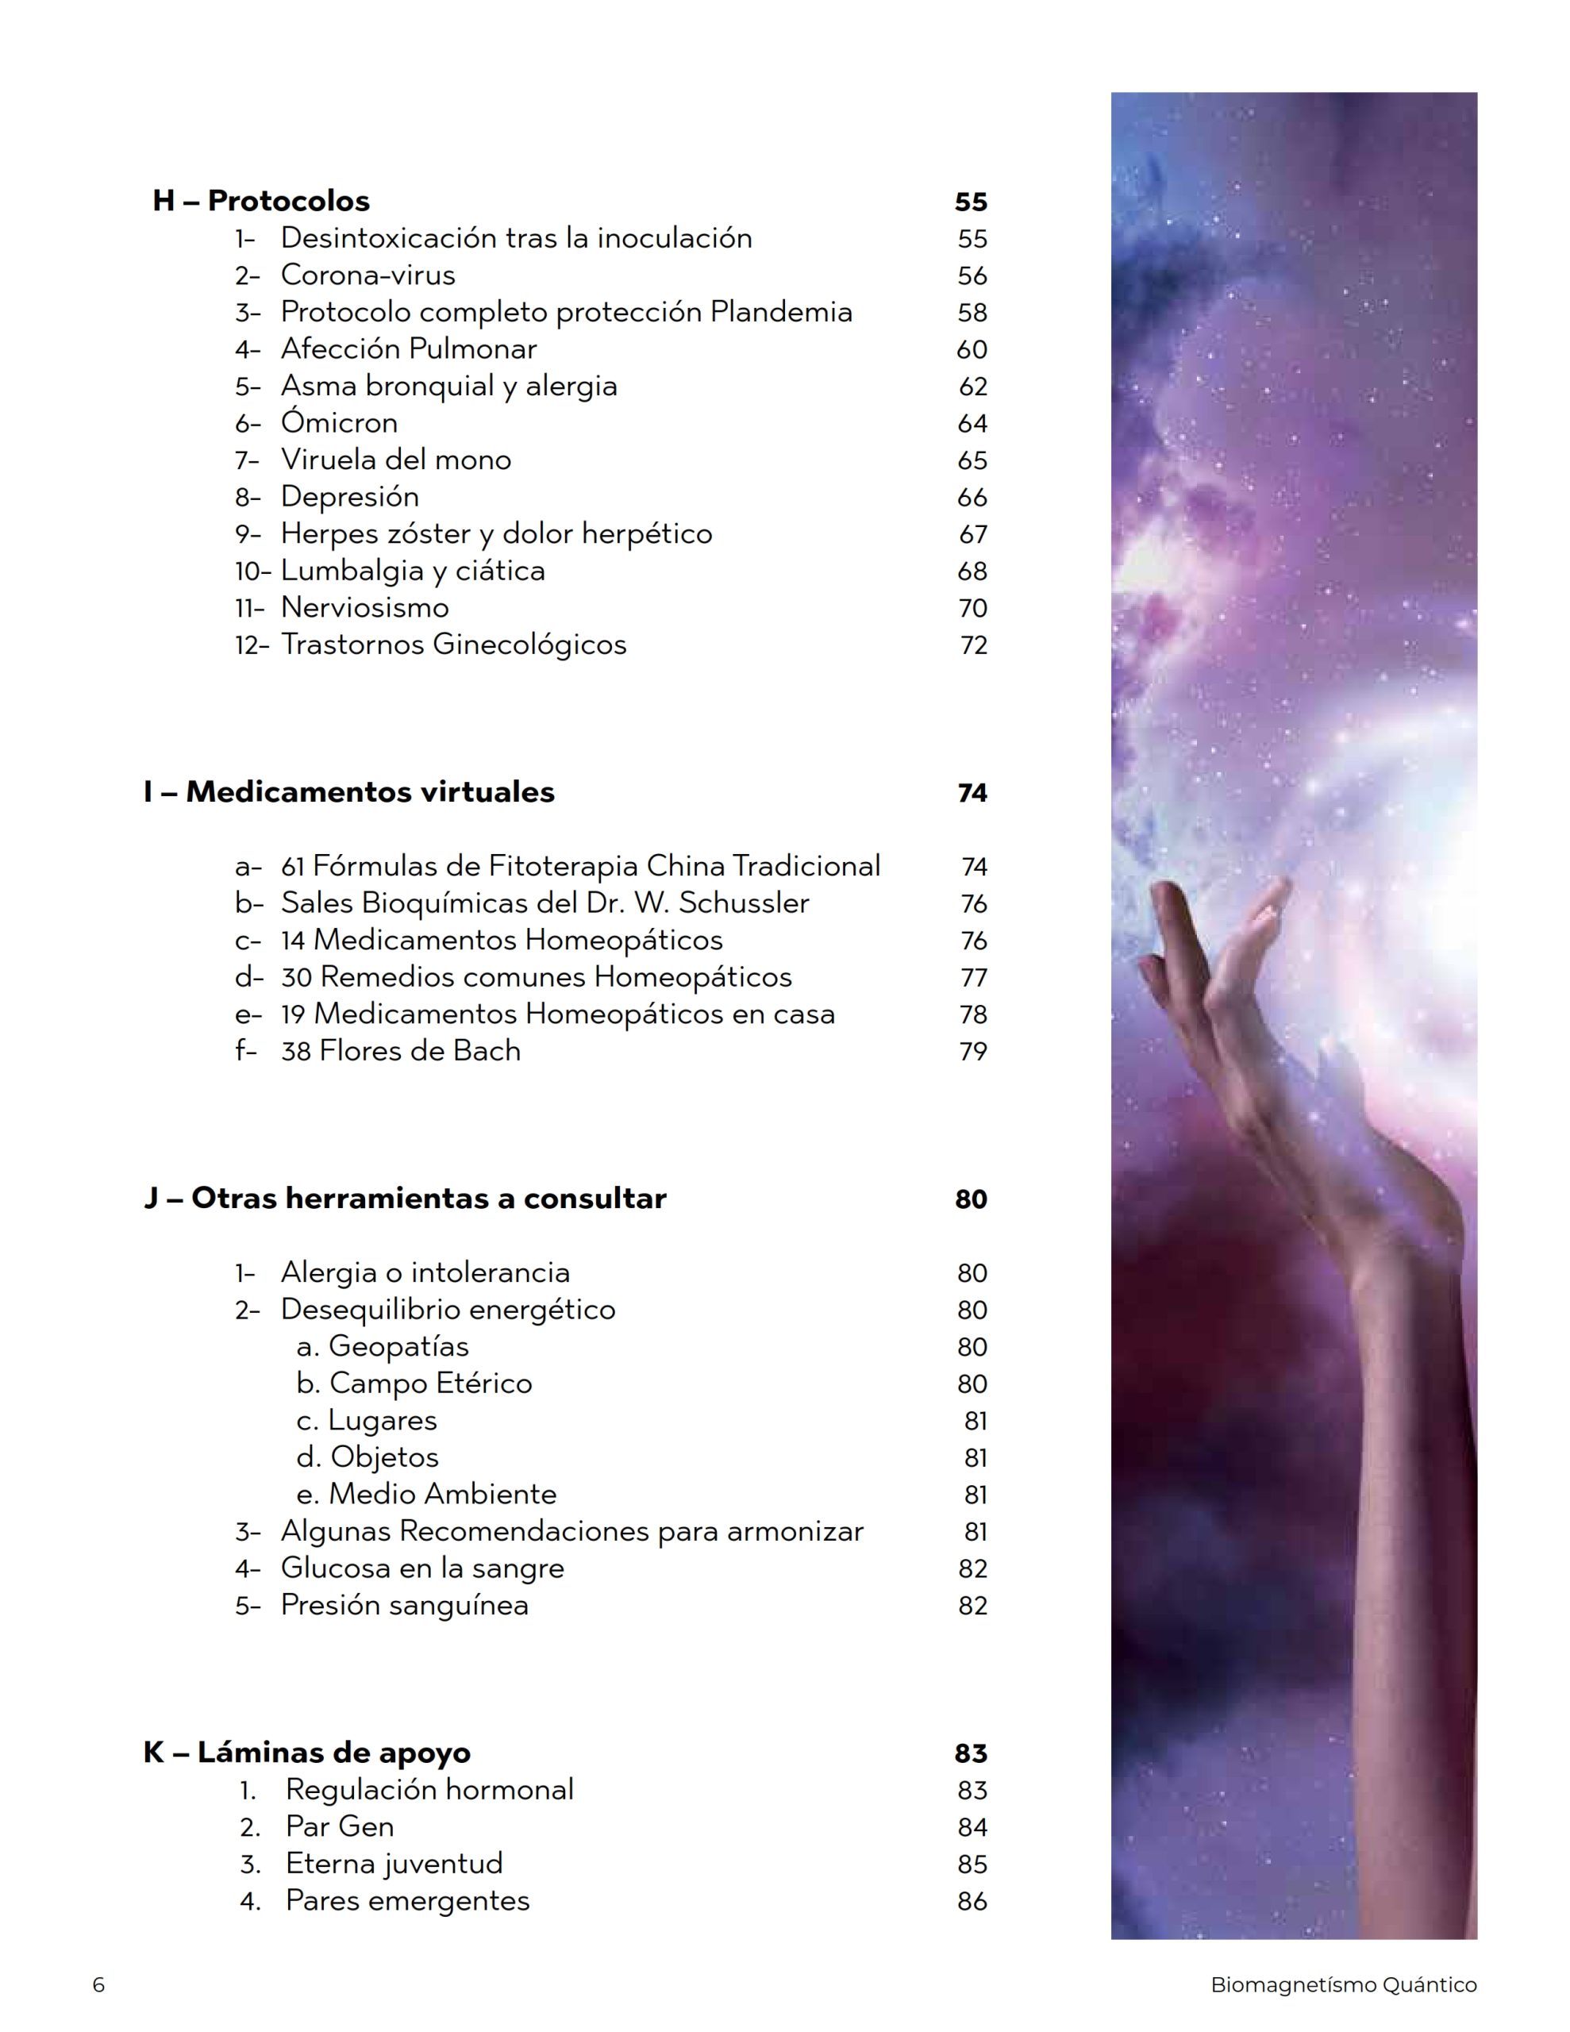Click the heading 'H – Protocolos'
260,201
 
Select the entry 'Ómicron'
339,423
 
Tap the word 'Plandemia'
781,312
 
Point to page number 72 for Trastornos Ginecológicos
972,645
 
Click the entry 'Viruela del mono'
395,460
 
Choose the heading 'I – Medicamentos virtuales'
349,792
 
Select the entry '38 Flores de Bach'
400,1052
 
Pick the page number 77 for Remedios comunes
972,978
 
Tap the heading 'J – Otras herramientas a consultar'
405,1199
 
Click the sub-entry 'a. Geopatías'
382,1346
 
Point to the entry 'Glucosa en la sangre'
421,1568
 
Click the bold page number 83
970,1754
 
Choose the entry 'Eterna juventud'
394,1864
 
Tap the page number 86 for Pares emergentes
972,1901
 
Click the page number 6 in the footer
98,1984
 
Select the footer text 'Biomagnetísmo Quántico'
1343,1984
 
